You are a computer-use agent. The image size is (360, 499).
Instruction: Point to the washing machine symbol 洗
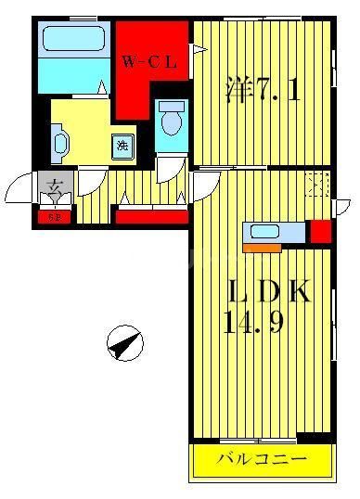122,145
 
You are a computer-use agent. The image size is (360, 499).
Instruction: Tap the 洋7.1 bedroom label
263,91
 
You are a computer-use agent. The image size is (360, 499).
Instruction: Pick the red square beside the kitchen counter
320,231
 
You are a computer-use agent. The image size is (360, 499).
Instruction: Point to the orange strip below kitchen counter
262,247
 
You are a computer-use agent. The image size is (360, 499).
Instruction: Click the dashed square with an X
317,185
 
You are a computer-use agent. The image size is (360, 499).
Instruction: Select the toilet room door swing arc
166,170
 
